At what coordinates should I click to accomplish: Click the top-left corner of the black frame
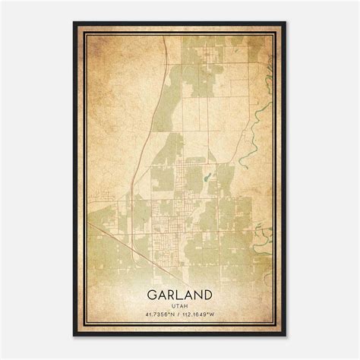pyautogui.click(x=74, y=23)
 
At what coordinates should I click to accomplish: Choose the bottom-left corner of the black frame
pyautogui.click(x=74, y=335)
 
